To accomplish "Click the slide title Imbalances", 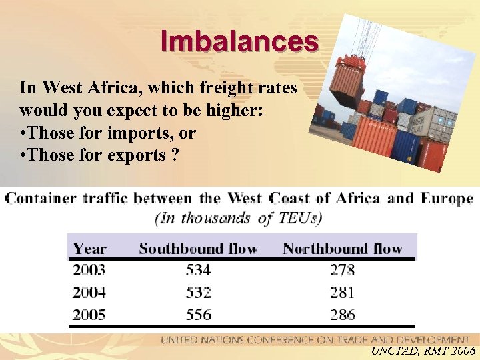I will [239, 41].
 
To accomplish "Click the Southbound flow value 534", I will [199, 270].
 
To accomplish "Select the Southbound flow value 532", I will [199, 292].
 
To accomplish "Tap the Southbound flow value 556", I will [199, 315].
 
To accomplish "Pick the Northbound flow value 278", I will [342, 270].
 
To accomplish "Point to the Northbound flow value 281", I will [342, 292].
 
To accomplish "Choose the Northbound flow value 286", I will [342, 315].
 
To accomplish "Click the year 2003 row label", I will [89, 270].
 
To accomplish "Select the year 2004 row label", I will [89, 292].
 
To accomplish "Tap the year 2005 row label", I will [89, 315].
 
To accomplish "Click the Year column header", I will [90, 249].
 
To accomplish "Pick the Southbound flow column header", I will [198, 249].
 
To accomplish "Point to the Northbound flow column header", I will [342, 249].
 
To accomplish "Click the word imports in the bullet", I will [145, 133].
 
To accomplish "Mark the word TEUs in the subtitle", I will [299, 217].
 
